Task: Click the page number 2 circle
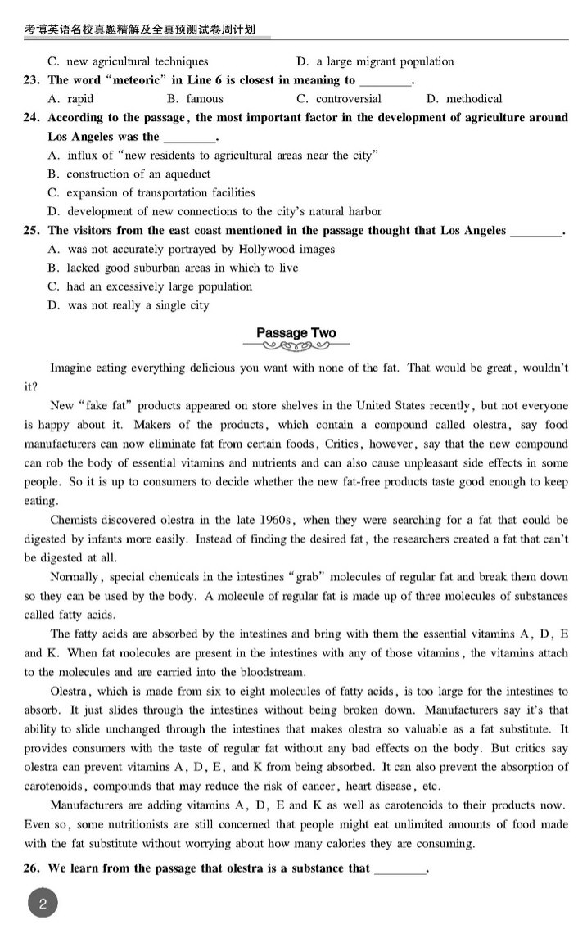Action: click(43, 904)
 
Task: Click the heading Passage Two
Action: click(296, 332)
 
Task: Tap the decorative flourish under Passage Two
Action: click(296, 345)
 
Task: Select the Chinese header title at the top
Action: click(139, 29)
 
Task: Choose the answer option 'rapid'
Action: click(80, 99)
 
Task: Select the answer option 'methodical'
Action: click(474, 99)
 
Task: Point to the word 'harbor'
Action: click(360, 212)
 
